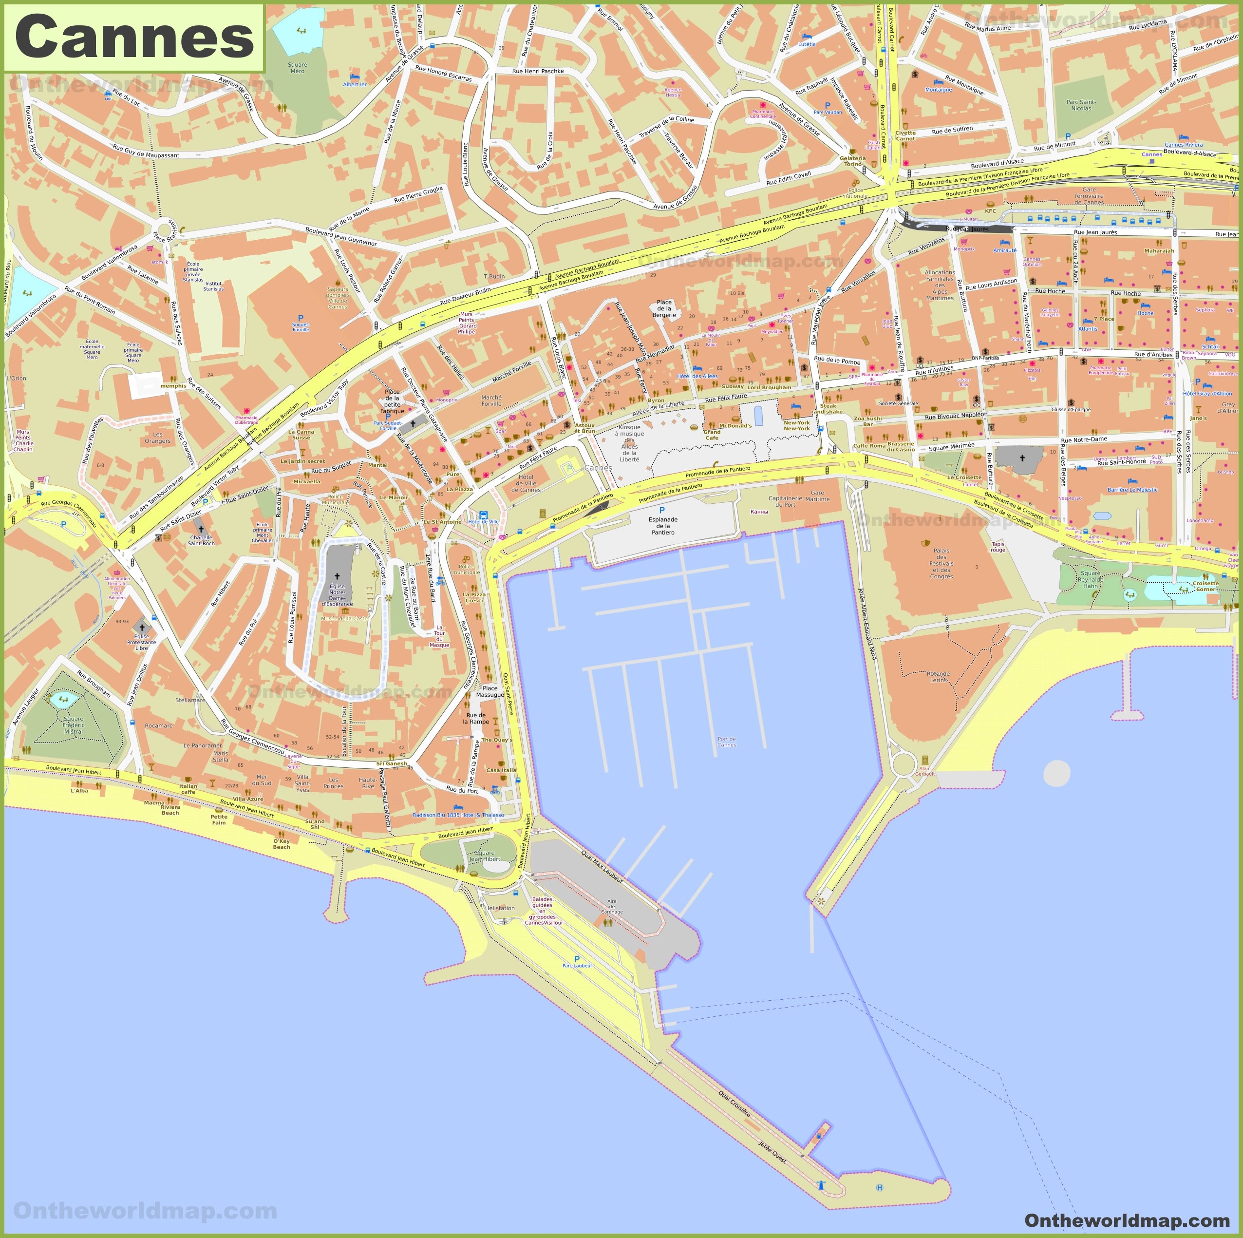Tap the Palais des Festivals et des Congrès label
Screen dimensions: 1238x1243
click(941, 563)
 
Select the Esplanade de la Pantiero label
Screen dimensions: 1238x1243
click(663, 526)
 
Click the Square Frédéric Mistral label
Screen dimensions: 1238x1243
click(74, 725)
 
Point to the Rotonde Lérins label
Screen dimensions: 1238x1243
click(938, 677)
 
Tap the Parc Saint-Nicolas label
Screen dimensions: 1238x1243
click(1081, 105)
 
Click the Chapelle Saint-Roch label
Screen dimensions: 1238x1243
click(201, 540)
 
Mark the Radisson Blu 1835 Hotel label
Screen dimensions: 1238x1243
click(458, 815)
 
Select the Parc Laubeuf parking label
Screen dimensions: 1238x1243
click(577, 965)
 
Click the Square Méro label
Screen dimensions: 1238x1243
click(297, 68)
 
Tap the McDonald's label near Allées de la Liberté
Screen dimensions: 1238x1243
click(734, 425)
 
